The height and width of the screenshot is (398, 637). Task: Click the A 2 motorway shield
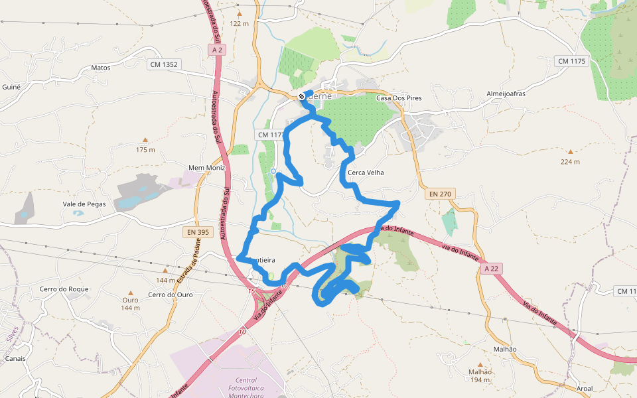pos(216,50)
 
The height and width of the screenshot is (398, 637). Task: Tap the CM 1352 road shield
pos(164,64)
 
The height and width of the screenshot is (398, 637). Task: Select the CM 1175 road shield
pos(571,61)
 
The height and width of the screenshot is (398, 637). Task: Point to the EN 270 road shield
pos(439,194)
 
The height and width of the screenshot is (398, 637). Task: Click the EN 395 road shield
pos(197,232)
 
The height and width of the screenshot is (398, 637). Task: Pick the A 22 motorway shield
pos(491,269)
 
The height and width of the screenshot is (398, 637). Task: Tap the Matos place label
pos(100,68)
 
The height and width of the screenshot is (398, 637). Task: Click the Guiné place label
pos(12,87)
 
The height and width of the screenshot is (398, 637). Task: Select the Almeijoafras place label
pos(506,94)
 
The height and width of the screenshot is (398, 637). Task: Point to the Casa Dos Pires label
pos(399,98)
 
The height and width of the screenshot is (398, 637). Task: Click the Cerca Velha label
pos(366,172)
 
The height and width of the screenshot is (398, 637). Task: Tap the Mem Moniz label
pos(207,168)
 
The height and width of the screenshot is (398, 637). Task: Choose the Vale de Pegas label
pos(84,204)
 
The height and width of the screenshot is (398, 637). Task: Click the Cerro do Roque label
pos(64,289)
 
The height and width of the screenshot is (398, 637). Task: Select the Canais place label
pos(15,358)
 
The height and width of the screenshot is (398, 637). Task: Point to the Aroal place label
pos(585,389)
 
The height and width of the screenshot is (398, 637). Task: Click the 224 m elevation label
pos(570,162)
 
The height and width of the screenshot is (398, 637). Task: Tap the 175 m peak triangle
pos(145,140)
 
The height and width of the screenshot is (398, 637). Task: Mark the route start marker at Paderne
pos(301,97)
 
